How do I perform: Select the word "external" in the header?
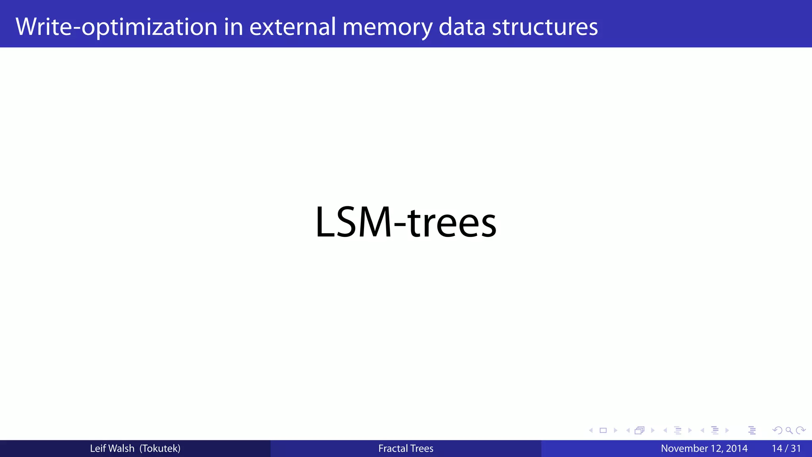pos(293,27)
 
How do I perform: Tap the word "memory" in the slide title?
pos(387,27)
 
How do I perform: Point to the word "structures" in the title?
pos(545,27)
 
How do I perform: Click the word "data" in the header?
pos(462,27)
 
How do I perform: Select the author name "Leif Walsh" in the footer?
pos(112,449)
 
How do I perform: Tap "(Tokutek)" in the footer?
pos(160,449)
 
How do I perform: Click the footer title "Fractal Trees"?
pos(406,449)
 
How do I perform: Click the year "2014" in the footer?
pos(737,449)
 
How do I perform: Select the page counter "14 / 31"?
pos(786,449)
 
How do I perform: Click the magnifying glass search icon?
pos(789,430)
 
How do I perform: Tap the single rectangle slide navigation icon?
pos(603,430)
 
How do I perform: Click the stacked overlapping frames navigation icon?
pos(640,430)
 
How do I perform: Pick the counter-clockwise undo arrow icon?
pos(778,430)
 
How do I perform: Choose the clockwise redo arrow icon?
pos(801,430)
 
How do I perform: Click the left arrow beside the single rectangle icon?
pos(591,430)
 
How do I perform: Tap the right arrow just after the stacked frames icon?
pos(653,430)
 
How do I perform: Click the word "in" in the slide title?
pos(233,27)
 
